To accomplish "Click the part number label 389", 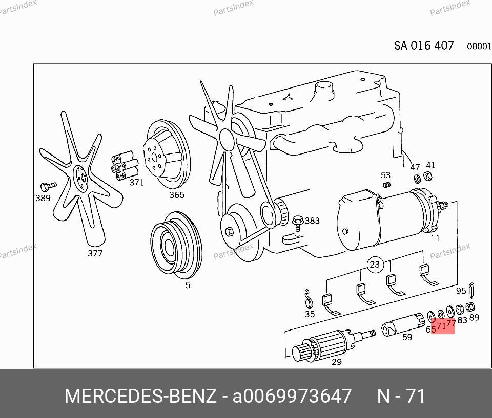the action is [x=43, y=198].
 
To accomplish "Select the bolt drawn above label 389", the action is [x=48, y=186].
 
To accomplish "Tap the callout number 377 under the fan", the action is [x=95, y=253].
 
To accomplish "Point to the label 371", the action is [x=136, y=182].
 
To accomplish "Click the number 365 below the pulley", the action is [x=177, y=195].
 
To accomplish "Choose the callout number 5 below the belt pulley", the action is [x=188, y=285].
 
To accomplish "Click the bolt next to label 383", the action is [x=297, y=223].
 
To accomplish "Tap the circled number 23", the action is [x=375, y=265].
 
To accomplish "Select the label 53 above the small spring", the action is [x=385, y=175].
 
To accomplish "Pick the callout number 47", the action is [x=415, y=167].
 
